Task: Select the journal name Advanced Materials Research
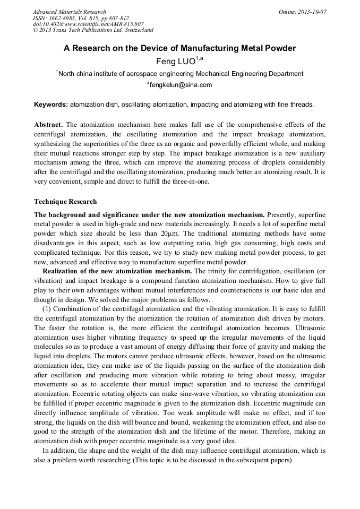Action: (x=69, y=12)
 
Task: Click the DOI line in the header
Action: (x=88, y=24)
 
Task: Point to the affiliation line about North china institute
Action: (x=180, y=74)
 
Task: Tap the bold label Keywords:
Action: (x=51, y=105)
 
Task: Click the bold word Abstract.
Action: (x=49, y=124)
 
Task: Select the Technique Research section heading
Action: (x=65, y=202)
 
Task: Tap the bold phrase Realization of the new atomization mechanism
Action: (x=117, y=271)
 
